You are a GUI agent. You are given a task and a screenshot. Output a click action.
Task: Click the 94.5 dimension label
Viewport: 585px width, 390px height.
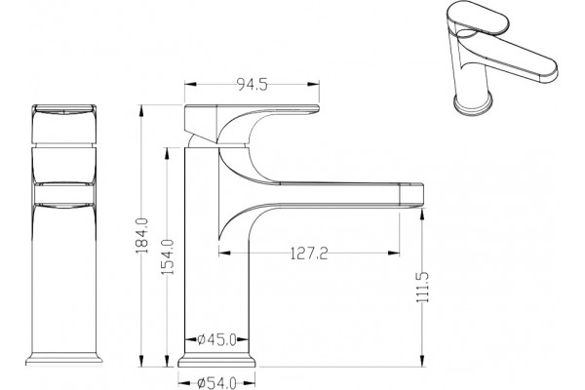(x=253, y=85)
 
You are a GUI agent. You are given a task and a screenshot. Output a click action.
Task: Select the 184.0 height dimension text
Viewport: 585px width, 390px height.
(x=142, y=236)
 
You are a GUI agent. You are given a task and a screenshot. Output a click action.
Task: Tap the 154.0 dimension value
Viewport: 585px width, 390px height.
(x=168, y=257)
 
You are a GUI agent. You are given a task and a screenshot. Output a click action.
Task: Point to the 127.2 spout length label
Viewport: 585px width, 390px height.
(x=309, y=253)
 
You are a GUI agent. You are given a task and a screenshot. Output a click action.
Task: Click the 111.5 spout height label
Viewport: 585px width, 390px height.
(x=423, y=288)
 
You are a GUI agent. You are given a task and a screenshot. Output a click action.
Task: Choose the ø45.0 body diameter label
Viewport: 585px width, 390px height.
(x=216, y=339)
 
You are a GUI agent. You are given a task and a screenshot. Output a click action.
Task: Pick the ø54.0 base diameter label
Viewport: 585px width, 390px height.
(x=216, y=383)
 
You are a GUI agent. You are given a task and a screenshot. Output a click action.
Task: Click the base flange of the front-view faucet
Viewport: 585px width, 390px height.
(x=63, y=360)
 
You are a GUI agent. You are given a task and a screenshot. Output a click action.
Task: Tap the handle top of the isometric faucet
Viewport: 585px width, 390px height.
(x=478, y=18)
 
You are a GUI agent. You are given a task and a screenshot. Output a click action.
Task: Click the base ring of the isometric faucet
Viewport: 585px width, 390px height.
(x=473, y=104)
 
